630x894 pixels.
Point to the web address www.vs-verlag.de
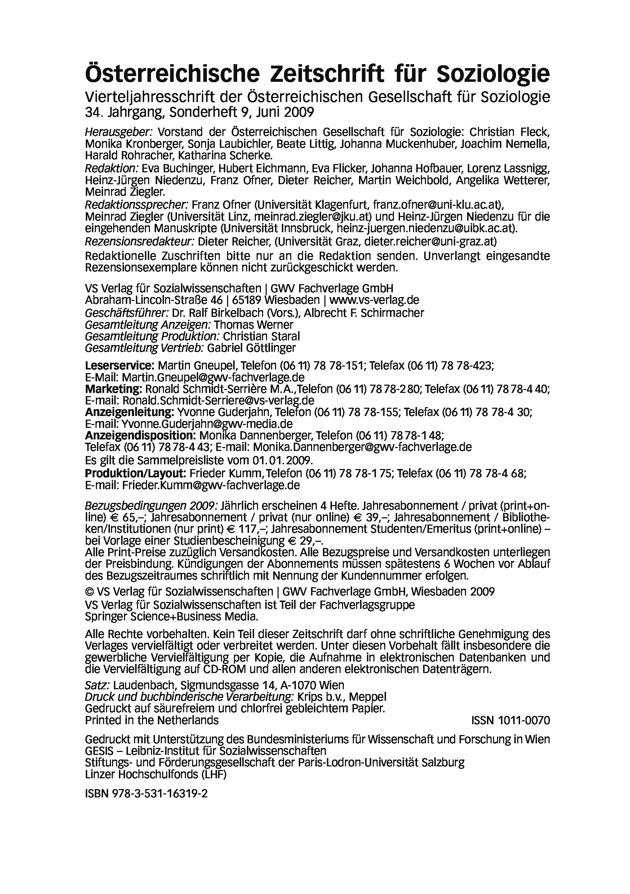(x=374, y=300)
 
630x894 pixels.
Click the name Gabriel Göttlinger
(x=251, y=348)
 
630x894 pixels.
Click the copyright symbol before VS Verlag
(x=89, y=592)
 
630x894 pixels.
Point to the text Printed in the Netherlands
(x=152, y=720)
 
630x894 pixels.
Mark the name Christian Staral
(x=261, y=336)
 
